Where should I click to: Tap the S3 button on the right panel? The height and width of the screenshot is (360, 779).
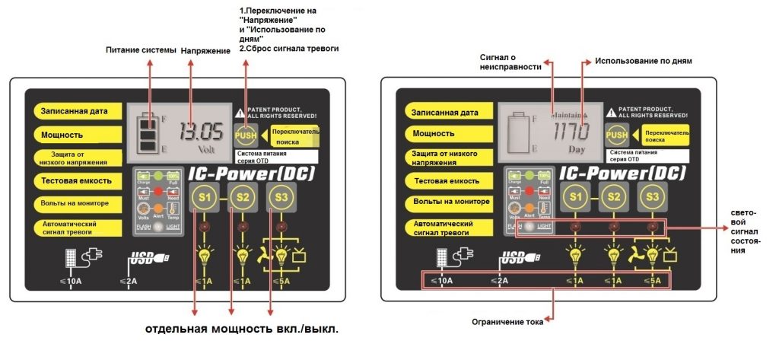(651, 196)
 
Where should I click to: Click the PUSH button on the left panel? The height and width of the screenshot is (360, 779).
(244, 135)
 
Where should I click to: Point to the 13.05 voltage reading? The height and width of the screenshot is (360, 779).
(202, 132)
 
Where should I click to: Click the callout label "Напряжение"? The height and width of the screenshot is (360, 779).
(205, 50)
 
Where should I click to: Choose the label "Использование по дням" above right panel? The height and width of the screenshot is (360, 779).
(643, 60)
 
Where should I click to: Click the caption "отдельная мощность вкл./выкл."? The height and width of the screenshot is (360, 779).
(241, 330)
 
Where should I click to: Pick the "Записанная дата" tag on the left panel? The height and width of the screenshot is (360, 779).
(75, 111)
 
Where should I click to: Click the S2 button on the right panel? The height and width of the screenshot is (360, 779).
(613, 196)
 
